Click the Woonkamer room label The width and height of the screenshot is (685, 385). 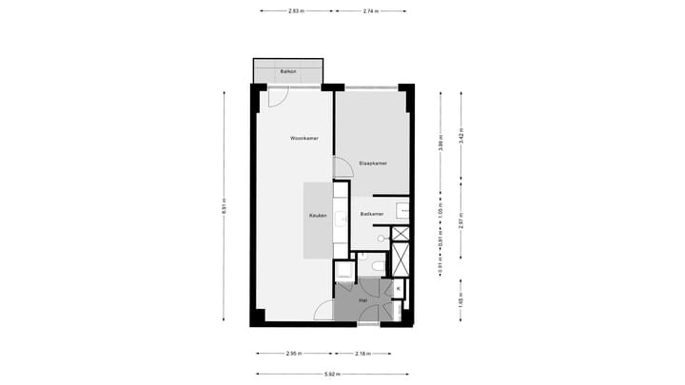304,139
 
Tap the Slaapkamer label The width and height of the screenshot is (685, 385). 372,164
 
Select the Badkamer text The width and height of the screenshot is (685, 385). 372,214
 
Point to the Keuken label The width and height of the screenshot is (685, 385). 318,216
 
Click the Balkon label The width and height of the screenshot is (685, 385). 287,72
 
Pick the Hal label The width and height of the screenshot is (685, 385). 362,300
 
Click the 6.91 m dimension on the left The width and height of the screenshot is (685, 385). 225,210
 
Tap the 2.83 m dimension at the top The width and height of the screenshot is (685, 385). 296,11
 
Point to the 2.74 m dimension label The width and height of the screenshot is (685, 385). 370,11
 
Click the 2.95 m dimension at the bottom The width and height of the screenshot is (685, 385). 293,354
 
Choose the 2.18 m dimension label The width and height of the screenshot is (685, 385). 362,354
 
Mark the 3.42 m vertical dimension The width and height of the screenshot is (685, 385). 460,135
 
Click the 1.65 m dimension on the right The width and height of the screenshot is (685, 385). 460,300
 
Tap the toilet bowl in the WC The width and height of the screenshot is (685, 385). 378,265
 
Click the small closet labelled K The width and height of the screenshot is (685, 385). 399,288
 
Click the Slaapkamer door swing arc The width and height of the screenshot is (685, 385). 343,168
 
